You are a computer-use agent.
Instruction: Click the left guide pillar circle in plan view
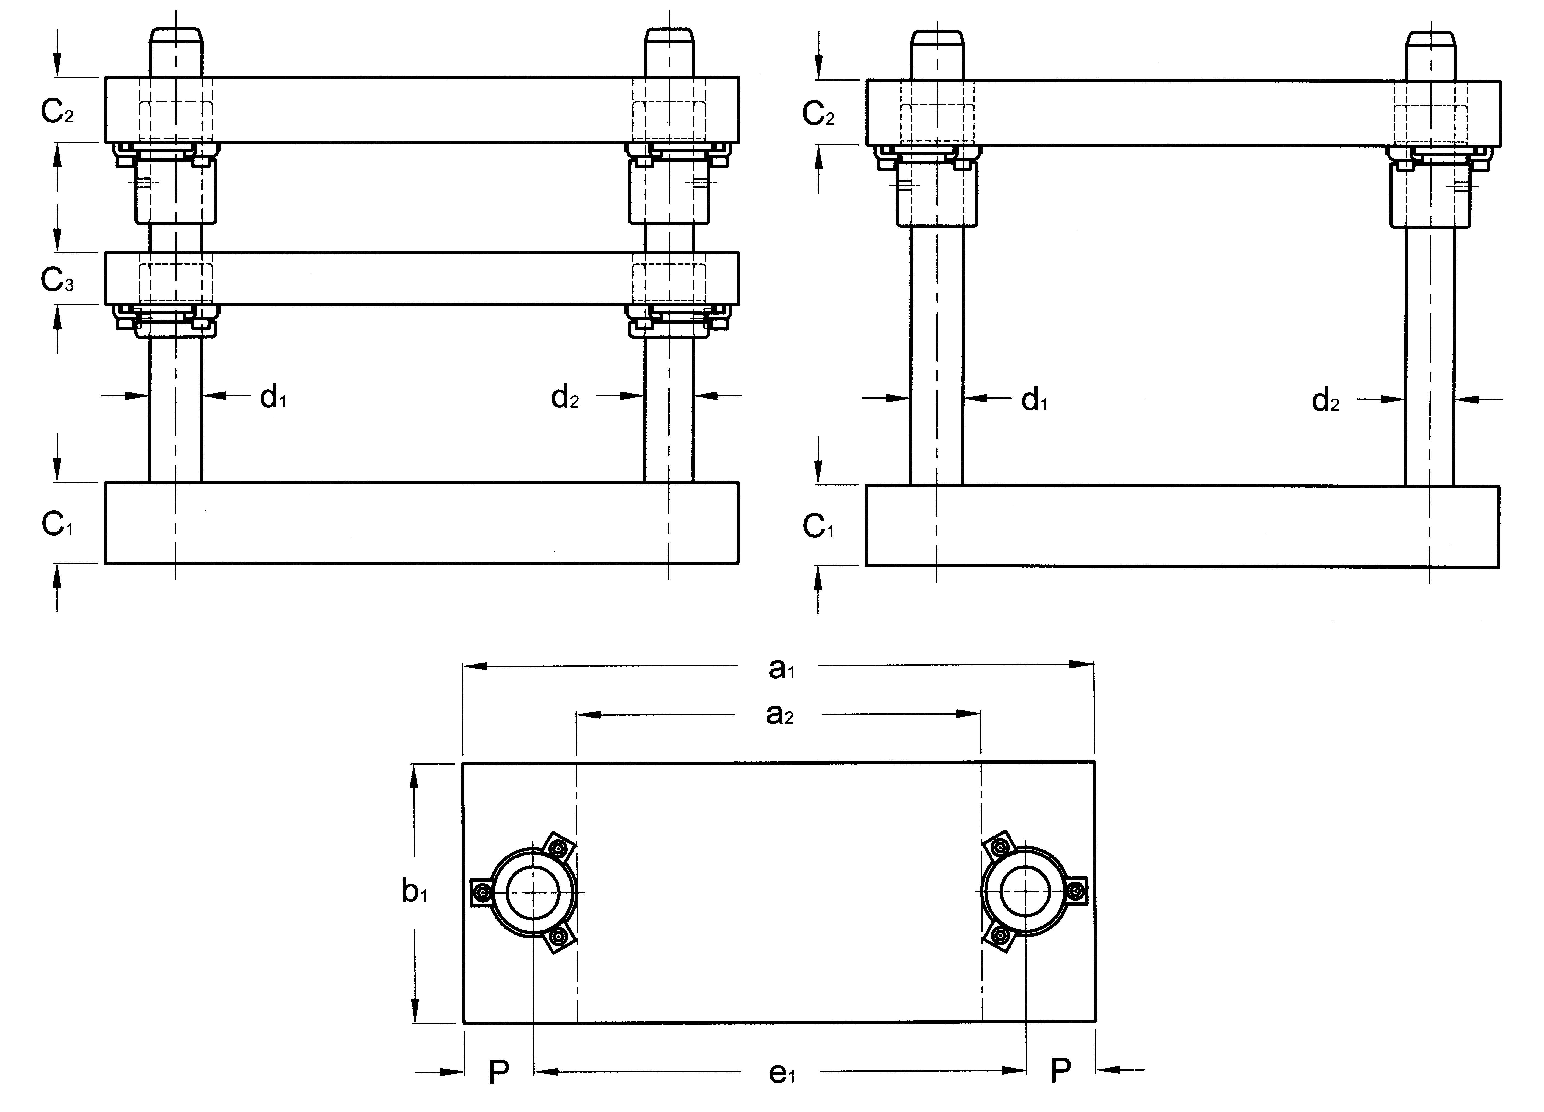533,892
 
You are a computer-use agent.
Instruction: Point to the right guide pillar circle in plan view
1027,892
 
